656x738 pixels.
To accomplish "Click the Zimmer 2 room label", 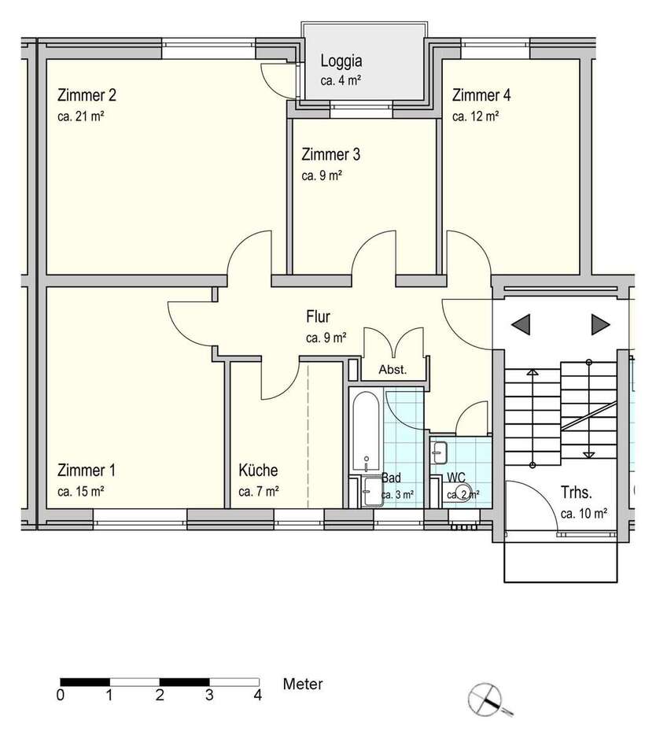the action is pos(87,95).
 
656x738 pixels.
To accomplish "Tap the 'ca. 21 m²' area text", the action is pos(80,116).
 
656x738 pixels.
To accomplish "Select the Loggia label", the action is pos(341,61).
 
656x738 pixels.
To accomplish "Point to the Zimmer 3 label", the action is pos(331,154).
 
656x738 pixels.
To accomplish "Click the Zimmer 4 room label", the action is pos(481,95).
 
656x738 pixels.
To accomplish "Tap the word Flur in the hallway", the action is pos(318,317).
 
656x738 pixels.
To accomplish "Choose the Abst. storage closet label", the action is pos(392,370).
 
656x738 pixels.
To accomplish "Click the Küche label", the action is pos(258,470).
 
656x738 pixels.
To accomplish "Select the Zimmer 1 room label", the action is pos(86,470).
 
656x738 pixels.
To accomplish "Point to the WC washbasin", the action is pos(439,452).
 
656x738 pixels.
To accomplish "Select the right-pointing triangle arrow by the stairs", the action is pos(600,324).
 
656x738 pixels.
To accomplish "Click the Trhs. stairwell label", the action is pos(577,493).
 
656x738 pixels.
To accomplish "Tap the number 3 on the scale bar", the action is pos(209,696).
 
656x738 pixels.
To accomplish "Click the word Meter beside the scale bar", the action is pos(303,684).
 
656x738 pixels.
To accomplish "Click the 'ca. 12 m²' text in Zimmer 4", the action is pos(475,116).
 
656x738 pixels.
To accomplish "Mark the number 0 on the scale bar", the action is pos(61,696).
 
